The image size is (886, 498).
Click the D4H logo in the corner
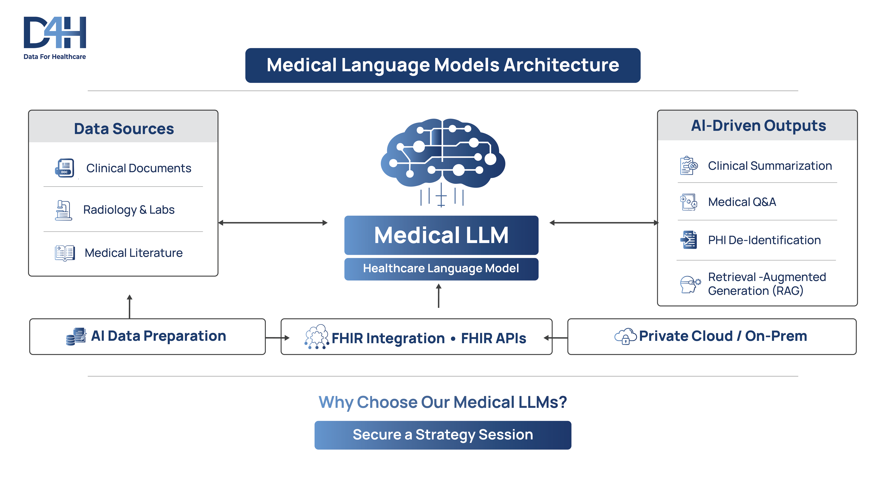pyautogui.click(x=55, y=37)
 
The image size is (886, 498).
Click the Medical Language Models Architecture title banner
pyautogui.click(x=443, y=65)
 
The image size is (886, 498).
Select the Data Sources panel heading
pyautogui.click(x=124, y=128)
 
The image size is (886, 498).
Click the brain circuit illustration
pyautogui.click(x=443, y=155)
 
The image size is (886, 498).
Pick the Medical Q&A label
pyautogui.click(x=742, y=202)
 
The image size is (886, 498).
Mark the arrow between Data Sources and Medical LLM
pyautogui.click(x=273, y=223)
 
